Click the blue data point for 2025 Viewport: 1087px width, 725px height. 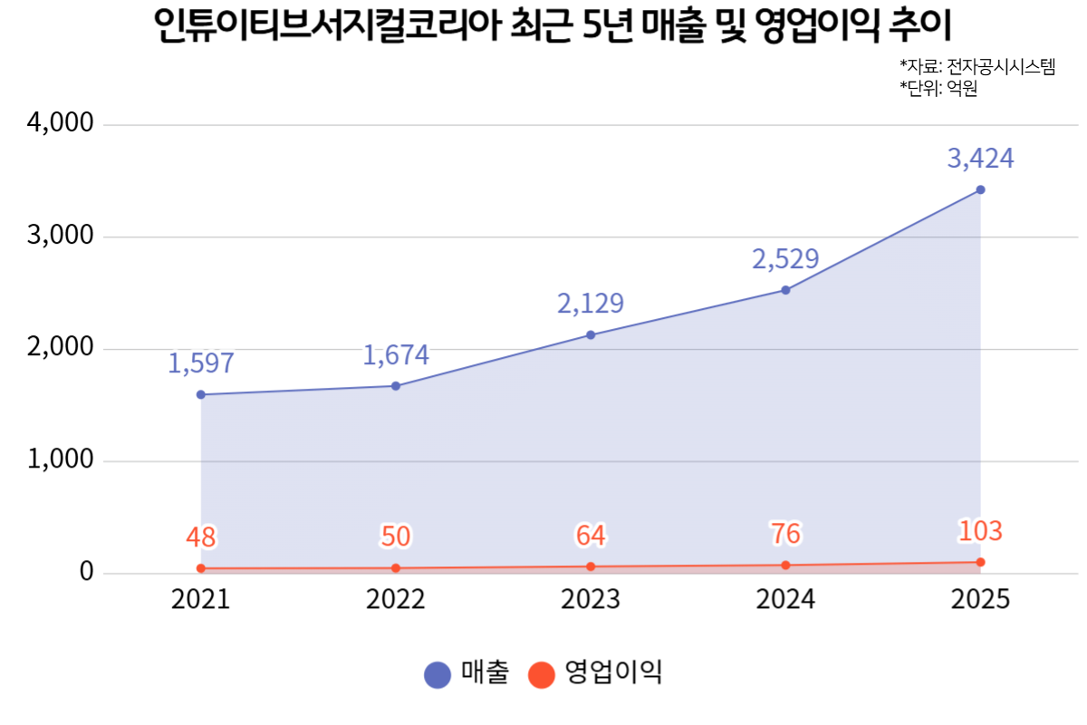pos(980,190)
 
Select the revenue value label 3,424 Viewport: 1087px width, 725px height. pos(980,159)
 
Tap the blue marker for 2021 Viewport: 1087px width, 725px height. pos(201,395)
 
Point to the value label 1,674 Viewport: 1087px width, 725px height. pos(396,355)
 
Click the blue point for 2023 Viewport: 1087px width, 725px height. pos(591,335)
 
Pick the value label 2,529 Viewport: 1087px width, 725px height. pos(785,259)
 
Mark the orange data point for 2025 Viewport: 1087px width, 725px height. pos(980,562)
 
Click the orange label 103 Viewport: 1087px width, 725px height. pos(980,531)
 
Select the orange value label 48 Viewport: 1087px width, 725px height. pos(201,537)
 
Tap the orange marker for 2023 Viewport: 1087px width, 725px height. pos(591,566)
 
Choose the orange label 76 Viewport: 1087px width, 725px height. pos(785,534)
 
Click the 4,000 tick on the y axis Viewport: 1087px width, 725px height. pos(60,122)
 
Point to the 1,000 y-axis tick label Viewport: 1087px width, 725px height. pos(60,459)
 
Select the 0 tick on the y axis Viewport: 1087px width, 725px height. pos(86,571)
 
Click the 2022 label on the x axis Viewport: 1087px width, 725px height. pos(396,599)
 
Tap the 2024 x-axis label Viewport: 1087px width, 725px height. pos(785,599)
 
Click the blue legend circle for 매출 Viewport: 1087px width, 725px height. pos(438,675)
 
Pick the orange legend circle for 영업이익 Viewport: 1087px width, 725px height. pos(541,675)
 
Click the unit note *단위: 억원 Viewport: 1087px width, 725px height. pos(938,89)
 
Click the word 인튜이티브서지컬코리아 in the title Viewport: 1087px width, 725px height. pos(328,24)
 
